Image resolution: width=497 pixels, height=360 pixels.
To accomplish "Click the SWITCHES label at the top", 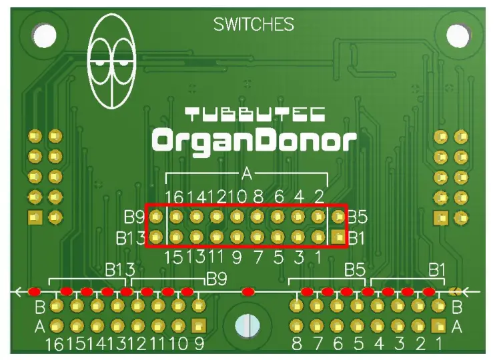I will [x=254, y=25].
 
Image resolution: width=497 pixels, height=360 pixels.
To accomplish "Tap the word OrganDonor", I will [x=254, y=141].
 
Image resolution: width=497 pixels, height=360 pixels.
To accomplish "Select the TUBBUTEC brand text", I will [x=255, y=114].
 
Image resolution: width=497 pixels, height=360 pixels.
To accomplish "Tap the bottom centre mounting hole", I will [x=247, y=326].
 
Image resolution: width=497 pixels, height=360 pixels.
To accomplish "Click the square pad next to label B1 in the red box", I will [x=339, y=237].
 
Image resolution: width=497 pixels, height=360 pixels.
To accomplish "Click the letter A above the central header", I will [x=247, y=175].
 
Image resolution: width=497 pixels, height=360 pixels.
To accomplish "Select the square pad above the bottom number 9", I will [x=197, y=326].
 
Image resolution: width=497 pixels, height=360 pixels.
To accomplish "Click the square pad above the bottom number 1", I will [x=438, y=326].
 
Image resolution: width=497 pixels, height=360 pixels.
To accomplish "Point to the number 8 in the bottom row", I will [x=296, y=345].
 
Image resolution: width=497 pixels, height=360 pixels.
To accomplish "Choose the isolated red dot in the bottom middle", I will [x=248, y=291].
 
